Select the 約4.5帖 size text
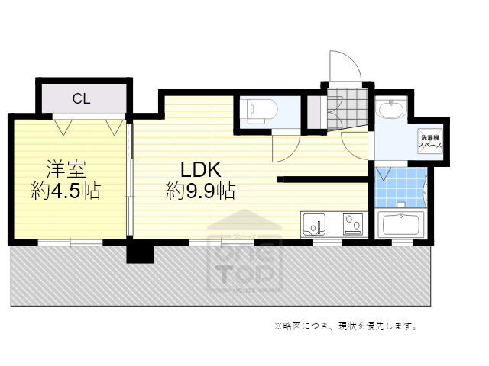tap(66, 191)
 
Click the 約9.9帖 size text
tap(200, 191)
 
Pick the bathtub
tap(400, 225)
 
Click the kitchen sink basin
tap(316, 224)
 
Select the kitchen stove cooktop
tap(353, 224)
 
